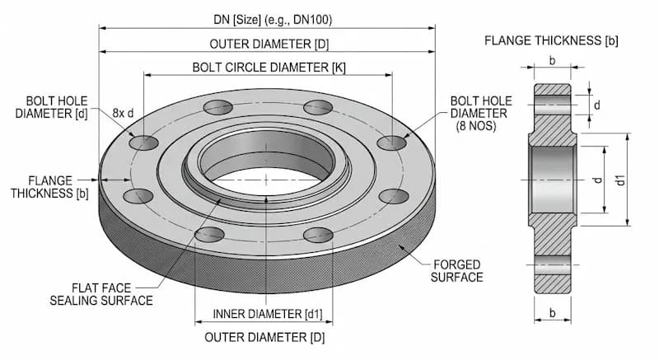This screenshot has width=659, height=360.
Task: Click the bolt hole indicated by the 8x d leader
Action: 143,143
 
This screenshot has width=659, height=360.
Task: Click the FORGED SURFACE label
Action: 458,270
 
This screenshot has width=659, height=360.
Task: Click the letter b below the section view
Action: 552,312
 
